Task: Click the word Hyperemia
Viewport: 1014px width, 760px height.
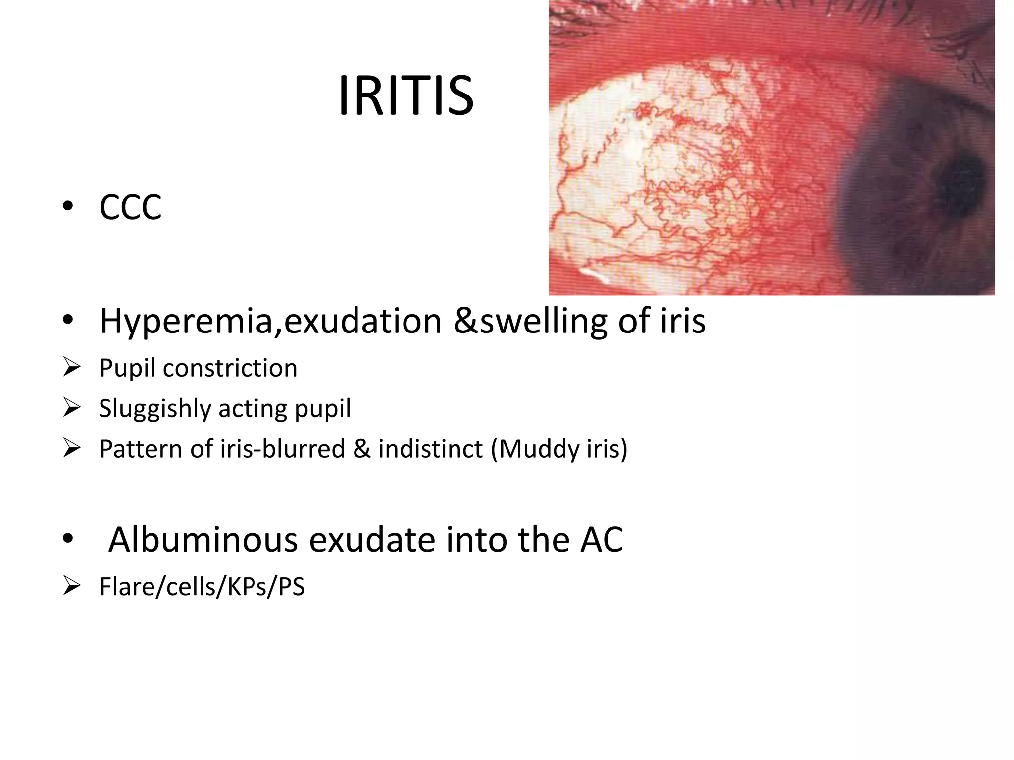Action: click(186, 322)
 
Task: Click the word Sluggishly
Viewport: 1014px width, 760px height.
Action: click(155, 409)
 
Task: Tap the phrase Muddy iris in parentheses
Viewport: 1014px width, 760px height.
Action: click(559, 449)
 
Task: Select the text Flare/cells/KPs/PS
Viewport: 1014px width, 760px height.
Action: click(202, 587)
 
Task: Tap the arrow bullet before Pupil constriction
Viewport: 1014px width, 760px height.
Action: click(72, 368)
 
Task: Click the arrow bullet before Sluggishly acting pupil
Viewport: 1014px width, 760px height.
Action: click(72, 408)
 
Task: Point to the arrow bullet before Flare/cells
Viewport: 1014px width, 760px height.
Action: click(72, 586)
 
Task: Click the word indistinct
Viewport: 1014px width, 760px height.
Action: click(430, 449)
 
